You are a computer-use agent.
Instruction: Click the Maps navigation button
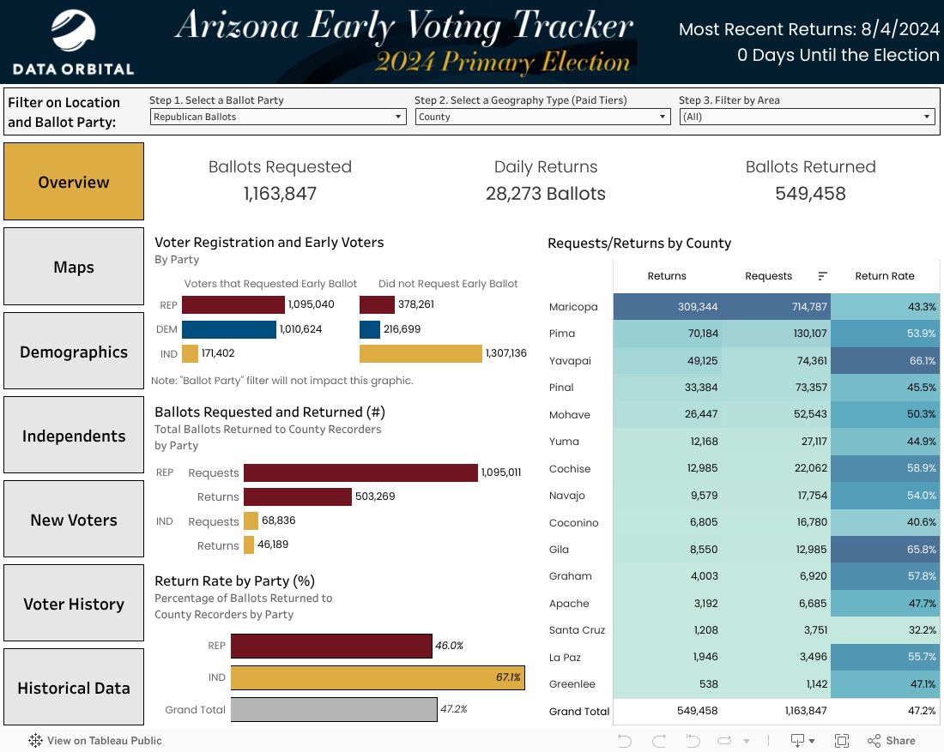click(74, 267)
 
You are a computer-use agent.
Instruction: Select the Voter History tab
click(74, 604)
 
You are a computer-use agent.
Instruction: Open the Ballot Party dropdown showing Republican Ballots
click(277, 117)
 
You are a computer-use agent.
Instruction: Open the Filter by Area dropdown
click(807, 117)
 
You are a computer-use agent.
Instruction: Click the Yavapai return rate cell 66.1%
click(885, 361)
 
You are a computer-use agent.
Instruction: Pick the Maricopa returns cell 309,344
click(667, 307)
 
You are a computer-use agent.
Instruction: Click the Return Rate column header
click(885, 276)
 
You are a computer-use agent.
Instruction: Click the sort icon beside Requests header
click(822, 276)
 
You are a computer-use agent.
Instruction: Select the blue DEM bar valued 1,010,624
click(228, 329)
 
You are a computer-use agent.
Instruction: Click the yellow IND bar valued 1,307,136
click(421, 353)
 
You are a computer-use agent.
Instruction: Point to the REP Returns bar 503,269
click(297, 496)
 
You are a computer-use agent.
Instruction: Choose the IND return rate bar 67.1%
click(378, 677)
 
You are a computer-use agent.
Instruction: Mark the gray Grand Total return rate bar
click(333, 709)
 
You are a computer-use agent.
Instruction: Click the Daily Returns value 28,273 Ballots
click(546, 194)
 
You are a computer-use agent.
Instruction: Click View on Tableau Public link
click(95, 741)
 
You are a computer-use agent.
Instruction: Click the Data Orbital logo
click(73, 41)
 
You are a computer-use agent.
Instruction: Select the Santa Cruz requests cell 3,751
click(768, 630)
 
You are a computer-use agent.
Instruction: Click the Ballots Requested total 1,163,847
click(280, 194)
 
